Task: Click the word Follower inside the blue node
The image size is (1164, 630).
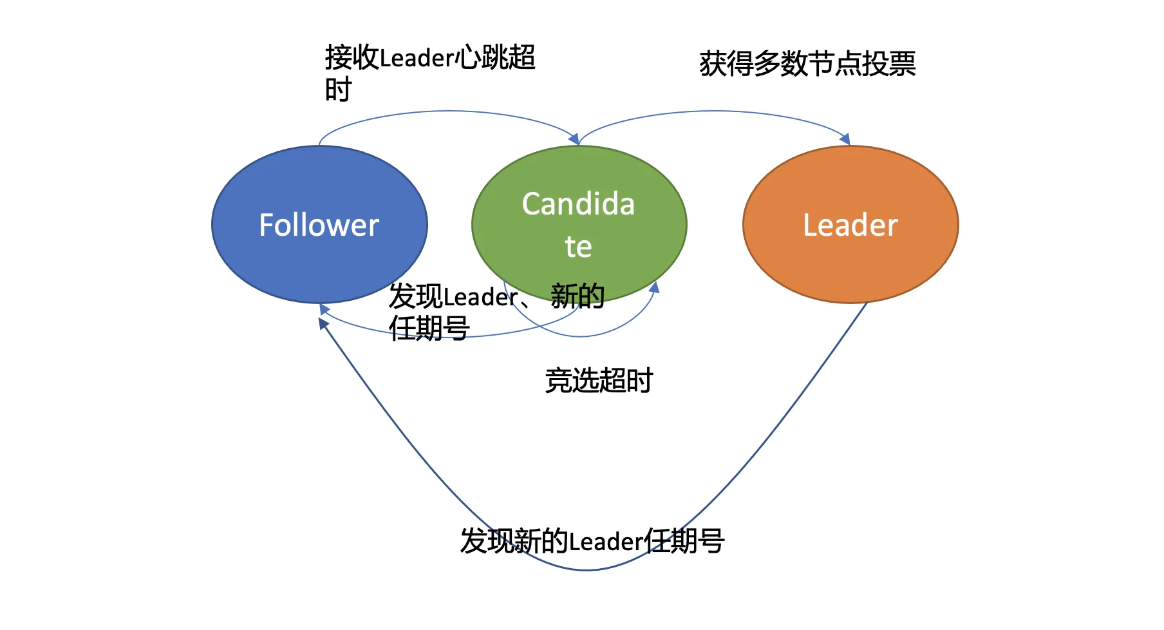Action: click(x=319, y=225)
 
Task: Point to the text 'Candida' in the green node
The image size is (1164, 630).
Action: click(x=578, y=204)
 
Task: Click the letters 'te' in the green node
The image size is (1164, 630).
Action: click(x=578, y=247)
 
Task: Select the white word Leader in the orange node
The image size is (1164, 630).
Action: click(x=850, y=225)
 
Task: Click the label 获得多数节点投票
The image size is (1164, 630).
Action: click(x=807, y=64)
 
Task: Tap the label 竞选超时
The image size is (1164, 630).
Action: click(x=599, y=380)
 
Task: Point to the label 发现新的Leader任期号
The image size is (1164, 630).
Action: click(x=592, y=541)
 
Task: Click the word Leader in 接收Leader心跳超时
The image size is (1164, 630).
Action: click(x=417, y=58)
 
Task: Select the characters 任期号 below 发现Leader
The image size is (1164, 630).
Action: click(x=429, y=329)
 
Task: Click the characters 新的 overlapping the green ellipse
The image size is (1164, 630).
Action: click(x=577, y=296)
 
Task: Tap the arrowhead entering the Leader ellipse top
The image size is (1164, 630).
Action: click(x=845, y=139)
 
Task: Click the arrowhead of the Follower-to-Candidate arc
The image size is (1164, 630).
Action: click(x=574, y=138)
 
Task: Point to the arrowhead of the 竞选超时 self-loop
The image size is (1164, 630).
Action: click(x=654, y=287)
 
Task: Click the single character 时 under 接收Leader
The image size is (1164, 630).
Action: click(x=338, y=90)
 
